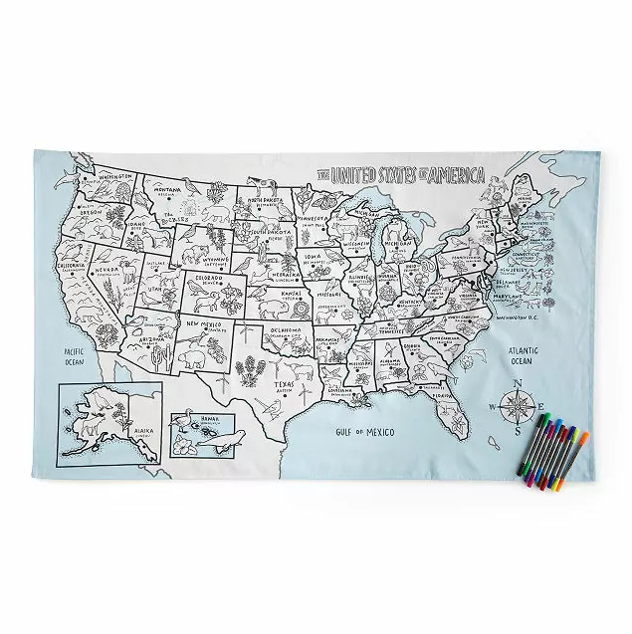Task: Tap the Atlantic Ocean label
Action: click(523, 356)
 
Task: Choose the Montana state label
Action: click(168, 189)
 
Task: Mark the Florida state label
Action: click(443, 395)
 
